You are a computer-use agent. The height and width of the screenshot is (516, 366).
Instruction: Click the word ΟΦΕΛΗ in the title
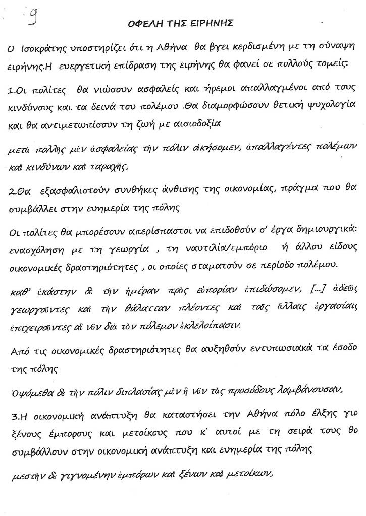point(147,24)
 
